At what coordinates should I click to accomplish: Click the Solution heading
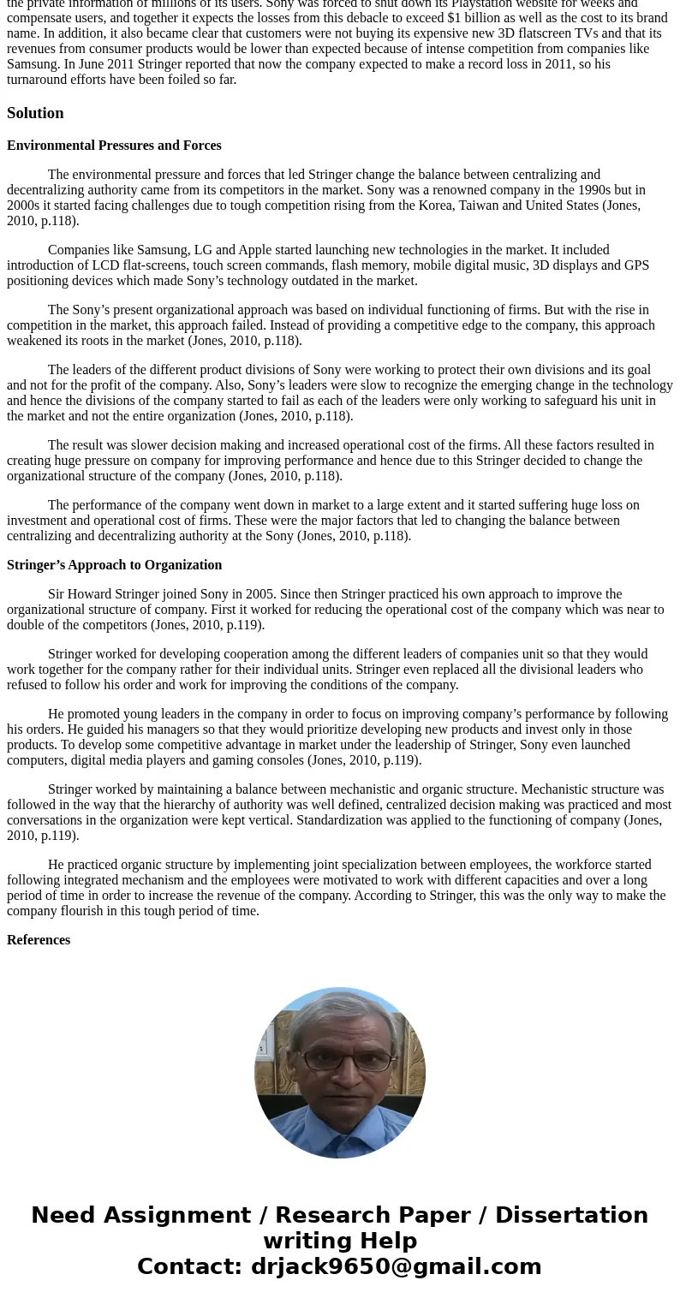tap(35, 113)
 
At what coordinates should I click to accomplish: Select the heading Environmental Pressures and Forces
tap(114, 146)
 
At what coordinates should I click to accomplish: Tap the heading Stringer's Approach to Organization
tap(114, 565)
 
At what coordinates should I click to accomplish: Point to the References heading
tap(39, 940)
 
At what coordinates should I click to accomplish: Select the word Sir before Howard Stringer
tap(57, 594)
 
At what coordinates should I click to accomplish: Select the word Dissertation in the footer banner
tap(571, 1216)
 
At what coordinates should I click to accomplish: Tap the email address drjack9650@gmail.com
tap(396, 1267)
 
